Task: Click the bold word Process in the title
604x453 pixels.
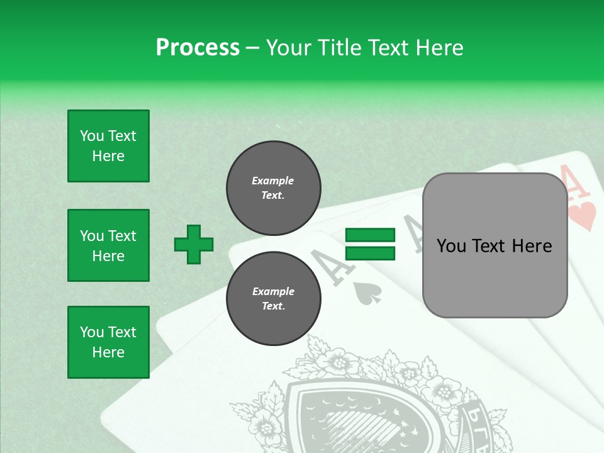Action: click(x=198, y=47)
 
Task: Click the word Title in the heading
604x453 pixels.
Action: click(x=340, y=47)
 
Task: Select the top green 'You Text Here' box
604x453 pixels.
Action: click(x=108, y=146)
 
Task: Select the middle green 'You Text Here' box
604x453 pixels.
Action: click(x=108, y=245)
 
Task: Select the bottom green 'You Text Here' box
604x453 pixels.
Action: click(x=108, y=342)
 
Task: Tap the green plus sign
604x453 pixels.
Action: click(x=194, y=244)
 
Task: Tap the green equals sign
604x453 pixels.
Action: click(x=370, y=244)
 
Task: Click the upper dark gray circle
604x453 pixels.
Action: click(x=273, y=188)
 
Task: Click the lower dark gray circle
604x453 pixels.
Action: click(x=273, y=299)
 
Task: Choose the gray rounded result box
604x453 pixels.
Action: click(x=495, y=245)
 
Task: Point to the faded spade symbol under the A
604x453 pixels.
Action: click(x=364, y=293)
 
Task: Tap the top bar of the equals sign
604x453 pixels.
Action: click(x=370, y=235)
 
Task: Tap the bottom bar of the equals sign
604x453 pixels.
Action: click(x=370, y=253)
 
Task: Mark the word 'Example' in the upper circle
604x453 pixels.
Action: click(x=272, y=181)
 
